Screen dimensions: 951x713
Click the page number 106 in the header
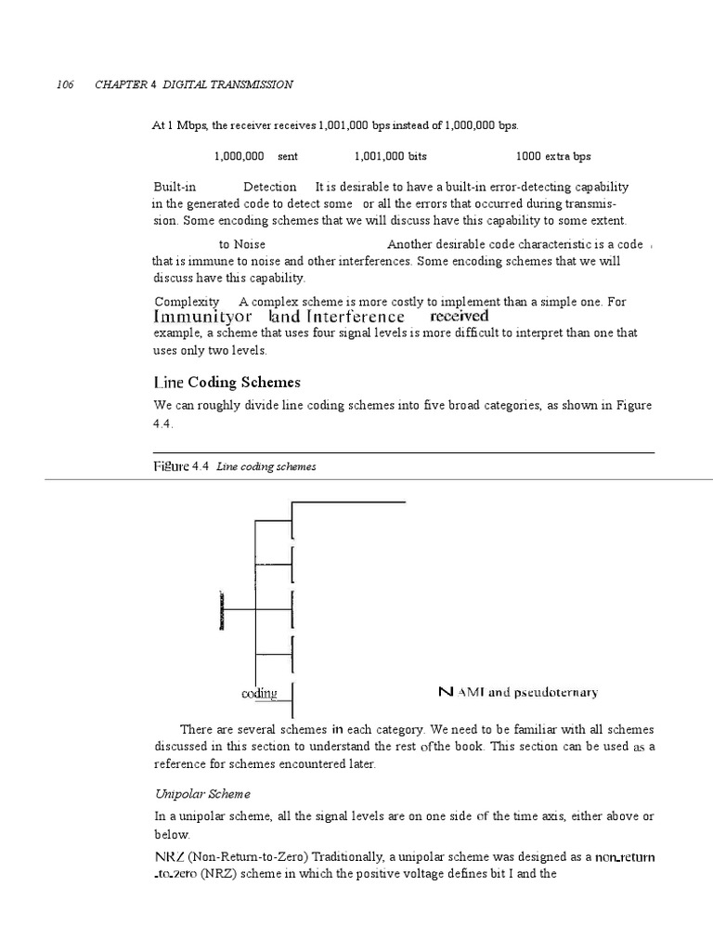click(66, 85)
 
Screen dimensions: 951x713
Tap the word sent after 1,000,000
click(288, 157)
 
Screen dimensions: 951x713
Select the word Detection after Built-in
click(269, 188)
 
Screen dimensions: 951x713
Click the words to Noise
click(242, 244)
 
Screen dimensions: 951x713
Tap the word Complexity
click(187, 302)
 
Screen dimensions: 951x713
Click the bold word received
click(460, 316)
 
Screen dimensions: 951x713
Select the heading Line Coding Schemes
click(227, 383)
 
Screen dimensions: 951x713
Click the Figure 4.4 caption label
click(181, 466)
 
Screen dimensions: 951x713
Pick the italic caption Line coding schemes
click(266, 467)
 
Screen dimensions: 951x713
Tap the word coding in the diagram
click(259, 694)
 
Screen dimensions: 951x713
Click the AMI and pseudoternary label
click(517, 692)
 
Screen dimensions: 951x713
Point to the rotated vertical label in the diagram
click(222, 610)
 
